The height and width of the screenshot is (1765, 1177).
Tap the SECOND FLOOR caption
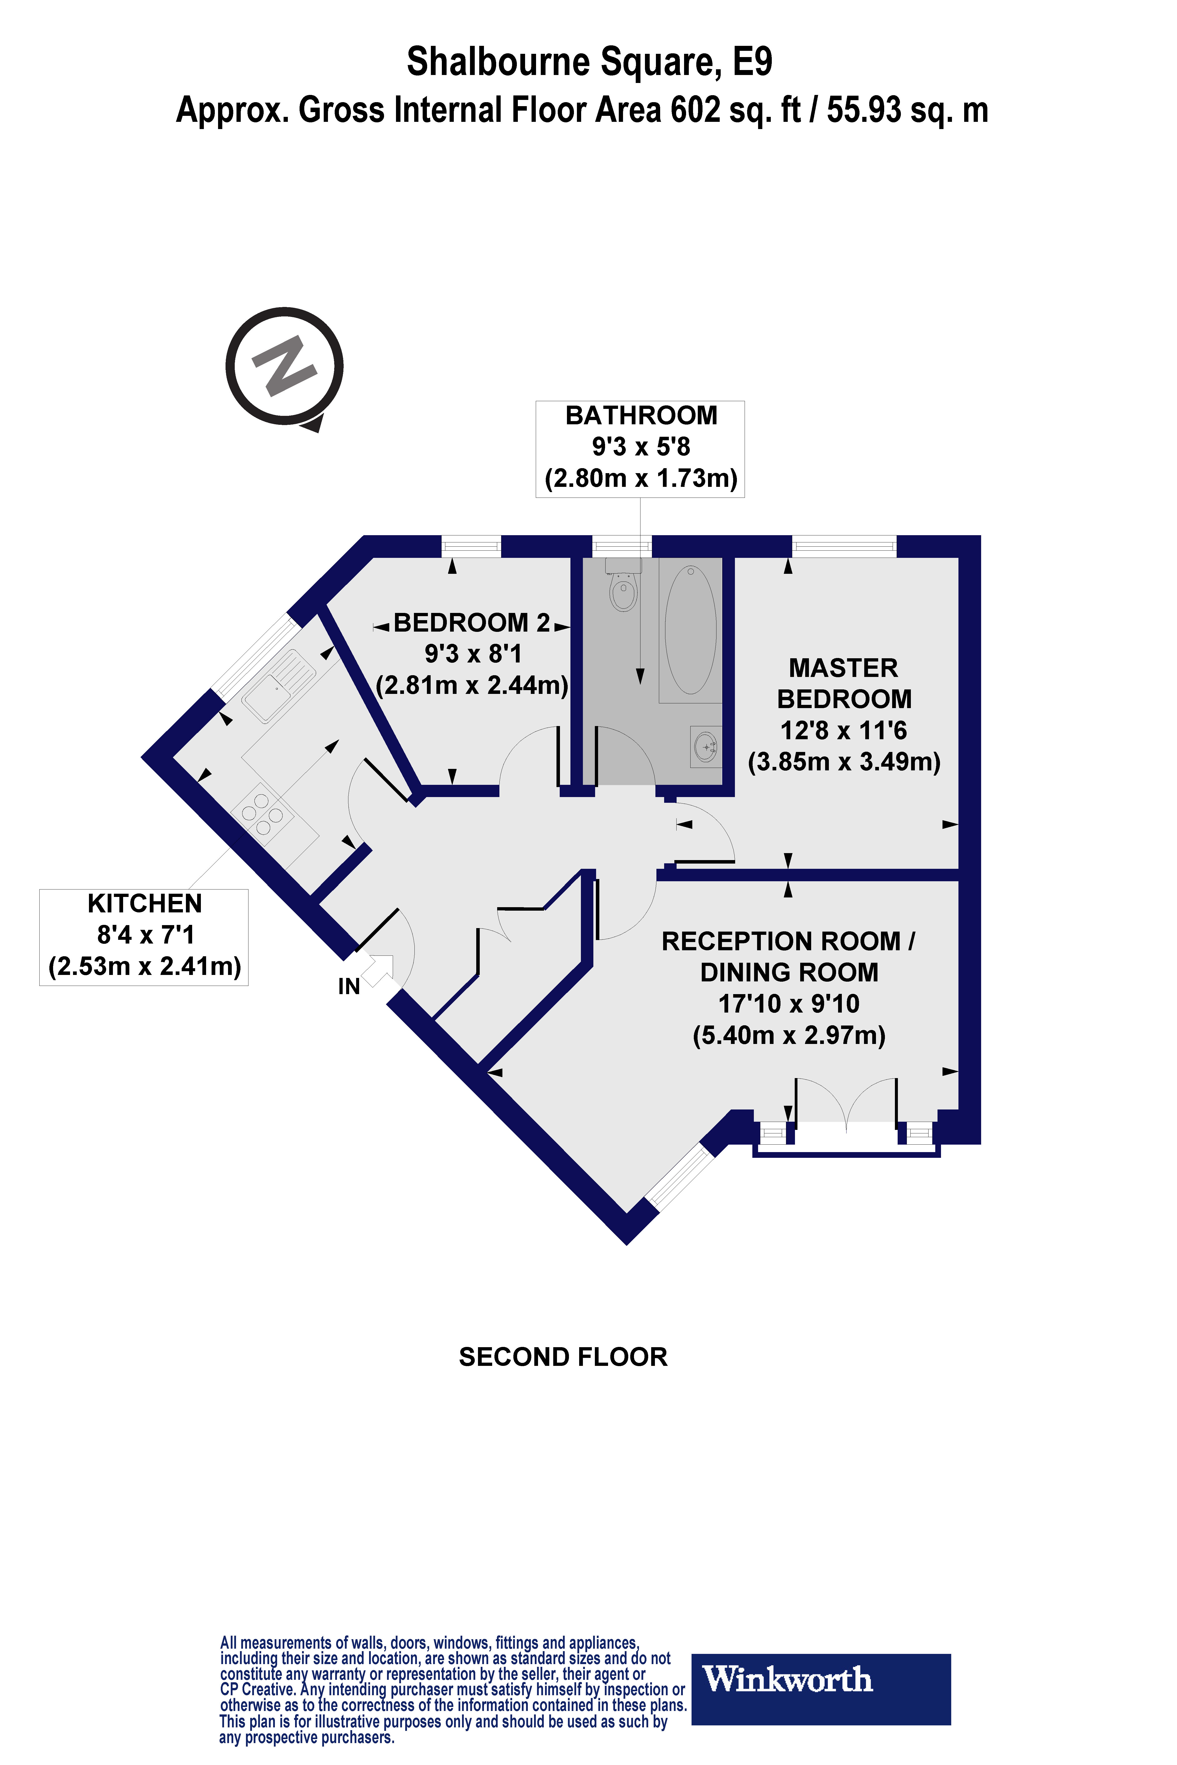(563, 1357)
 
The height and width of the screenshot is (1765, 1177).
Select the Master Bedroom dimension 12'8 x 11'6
(844, 730)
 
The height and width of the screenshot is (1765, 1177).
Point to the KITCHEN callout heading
(144, 903)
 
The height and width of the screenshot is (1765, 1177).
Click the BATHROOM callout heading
(641, 415)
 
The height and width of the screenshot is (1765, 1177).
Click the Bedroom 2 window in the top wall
(471, 546)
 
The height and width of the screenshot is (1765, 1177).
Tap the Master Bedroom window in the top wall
(845, 546)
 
